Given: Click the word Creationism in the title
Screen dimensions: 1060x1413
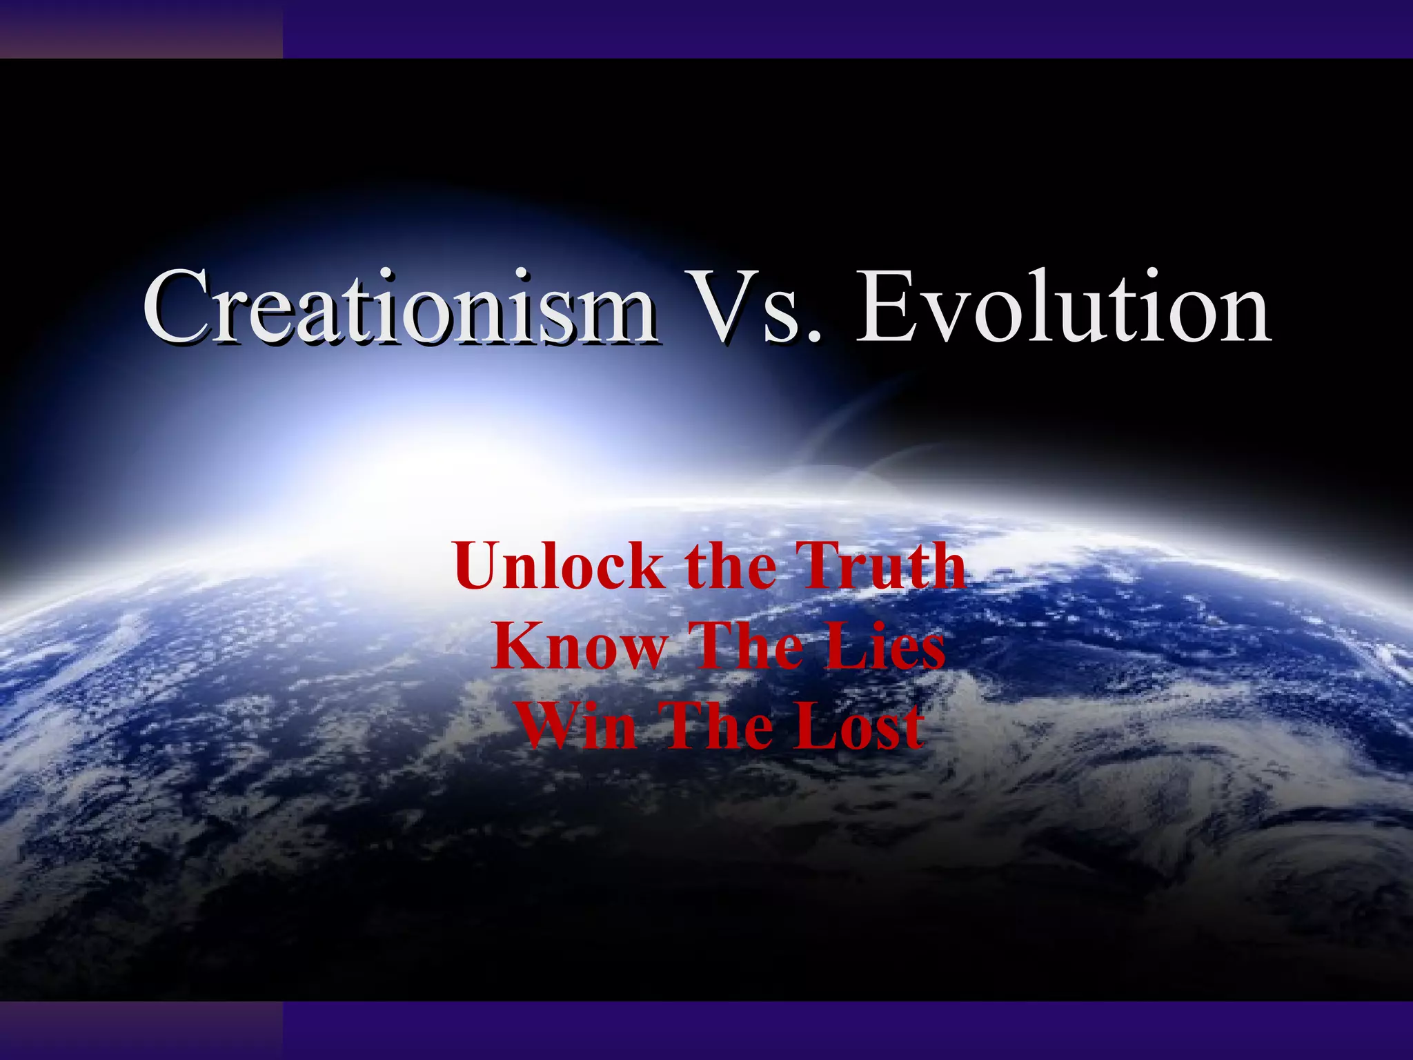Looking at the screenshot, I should pos(400,307).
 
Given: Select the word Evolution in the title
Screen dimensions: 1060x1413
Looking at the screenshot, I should pos(1063,307).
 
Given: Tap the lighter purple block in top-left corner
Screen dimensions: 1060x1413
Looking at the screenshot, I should pos(141,29).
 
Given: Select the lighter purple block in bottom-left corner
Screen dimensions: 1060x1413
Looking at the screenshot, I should pos(141,1030).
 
